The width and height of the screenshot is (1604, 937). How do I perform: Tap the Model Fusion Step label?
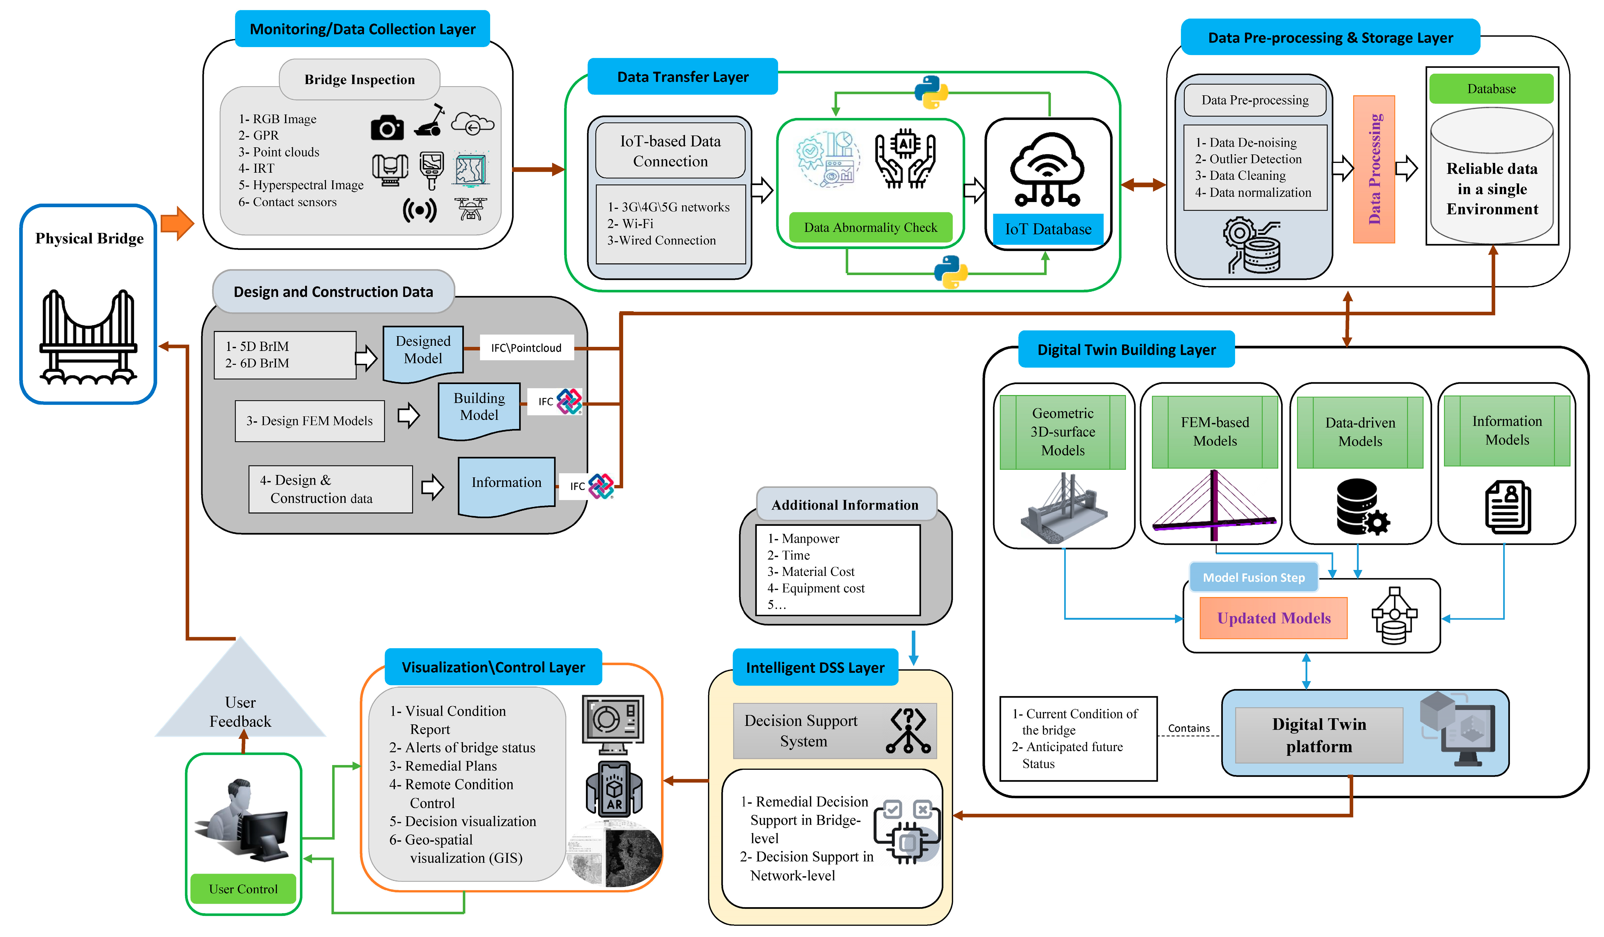[1253, 577]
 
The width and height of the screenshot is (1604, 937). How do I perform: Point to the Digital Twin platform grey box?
[1319, 735]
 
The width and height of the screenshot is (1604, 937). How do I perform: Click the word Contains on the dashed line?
[1188, 728]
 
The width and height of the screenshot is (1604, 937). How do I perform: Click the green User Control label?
[243, 889]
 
